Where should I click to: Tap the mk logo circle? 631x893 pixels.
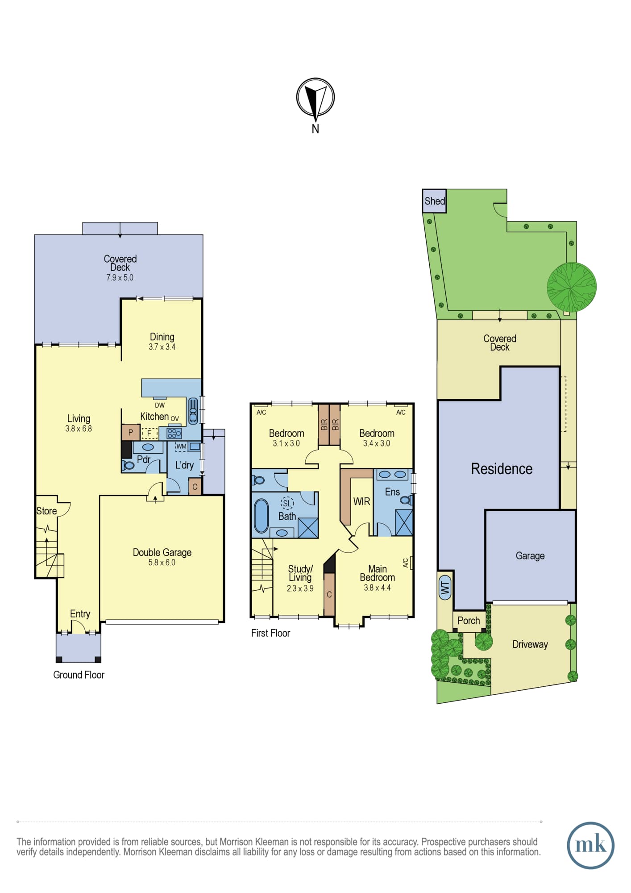pyautogui.click(x=590, y=845)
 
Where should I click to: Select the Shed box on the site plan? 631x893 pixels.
pyautogui.click(x=434, y=201)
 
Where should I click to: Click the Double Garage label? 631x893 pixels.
pyautogui.click(x=162, y=552)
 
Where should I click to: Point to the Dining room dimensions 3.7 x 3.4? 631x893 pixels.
pyautogui.click(x=162, y=347)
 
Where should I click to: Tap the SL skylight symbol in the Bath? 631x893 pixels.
pyautogui.click(x=287, y=503)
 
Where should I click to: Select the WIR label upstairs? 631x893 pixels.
pyautogui.click(x=361, y=501)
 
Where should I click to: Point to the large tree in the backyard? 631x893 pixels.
pyautogui.click(x=572, y=287)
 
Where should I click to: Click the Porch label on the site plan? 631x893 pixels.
pyautogui.click(x=469, y=621)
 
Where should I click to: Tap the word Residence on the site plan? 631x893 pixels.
pyautogui.click(x=502, y=469)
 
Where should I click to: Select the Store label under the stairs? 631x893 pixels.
pyautogui.click(x=46, y=511)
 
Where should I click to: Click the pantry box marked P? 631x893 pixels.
pyautogui.click(x=131, y=432)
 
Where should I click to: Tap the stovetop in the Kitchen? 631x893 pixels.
pyautogui.click(x=174, y=433)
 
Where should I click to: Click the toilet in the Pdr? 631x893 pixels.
pyautogui.click(x=128, y=466)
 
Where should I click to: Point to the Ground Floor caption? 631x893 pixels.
pyautogui.click(x=79, y=675)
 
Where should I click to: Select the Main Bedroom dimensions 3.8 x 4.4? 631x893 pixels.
pyautogui.click(x=377, y=588)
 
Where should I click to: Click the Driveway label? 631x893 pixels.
pyautogui.click(x=530, y=644)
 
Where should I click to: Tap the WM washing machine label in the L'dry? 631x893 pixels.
pyautogui.click(x=181, y=446)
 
